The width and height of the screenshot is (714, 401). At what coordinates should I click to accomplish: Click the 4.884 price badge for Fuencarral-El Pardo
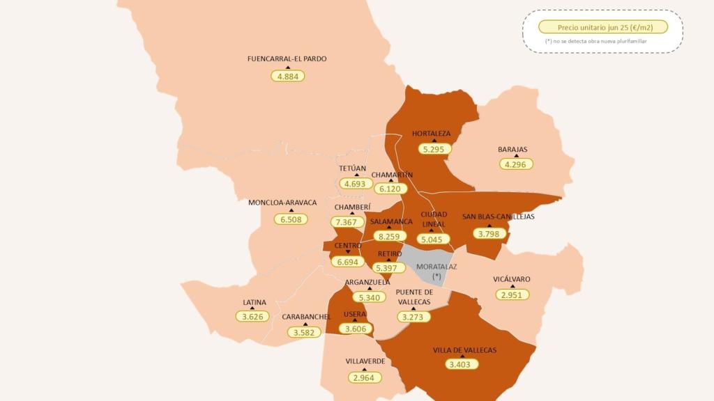(x=287, y=76)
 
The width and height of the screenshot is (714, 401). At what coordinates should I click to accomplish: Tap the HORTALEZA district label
(x=431, y=133)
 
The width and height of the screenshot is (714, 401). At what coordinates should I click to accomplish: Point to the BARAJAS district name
(x=512, y=149)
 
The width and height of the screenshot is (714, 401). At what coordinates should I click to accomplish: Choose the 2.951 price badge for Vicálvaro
(x=512, y=294)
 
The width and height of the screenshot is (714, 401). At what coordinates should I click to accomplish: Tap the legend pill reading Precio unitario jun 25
(x=602, y=27)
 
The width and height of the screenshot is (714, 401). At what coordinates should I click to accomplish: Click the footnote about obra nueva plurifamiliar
(x=595, y=42)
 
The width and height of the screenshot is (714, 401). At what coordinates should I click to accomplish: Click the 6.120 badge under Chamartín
(x=393, y=188)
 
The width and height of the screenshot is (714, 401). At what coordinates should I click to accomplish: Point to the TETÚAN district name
(x=352, y=168)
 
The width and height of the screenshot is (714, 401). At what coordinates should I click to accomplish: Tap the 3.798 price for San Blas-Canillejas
(x=492, y=233)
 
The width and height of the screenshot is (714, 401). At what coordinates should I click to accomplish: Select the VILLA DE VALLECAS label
(x=464, y=349)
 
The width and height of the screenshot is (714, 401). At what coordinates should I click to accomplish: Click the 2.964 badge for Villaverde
(x=365, y=377)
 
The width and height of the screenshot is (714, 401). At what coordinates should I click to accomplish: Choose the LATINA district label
(x=254, y=302)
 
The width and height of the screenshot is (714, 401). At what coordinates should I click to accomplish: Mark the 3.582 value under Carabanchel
(x=306, y=332)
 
